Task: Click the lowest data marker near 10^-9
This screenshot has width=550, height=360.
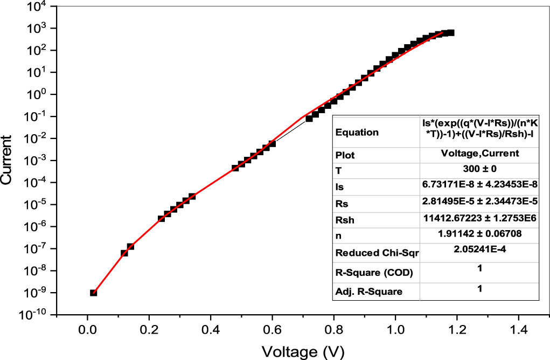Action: [93, 293]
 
